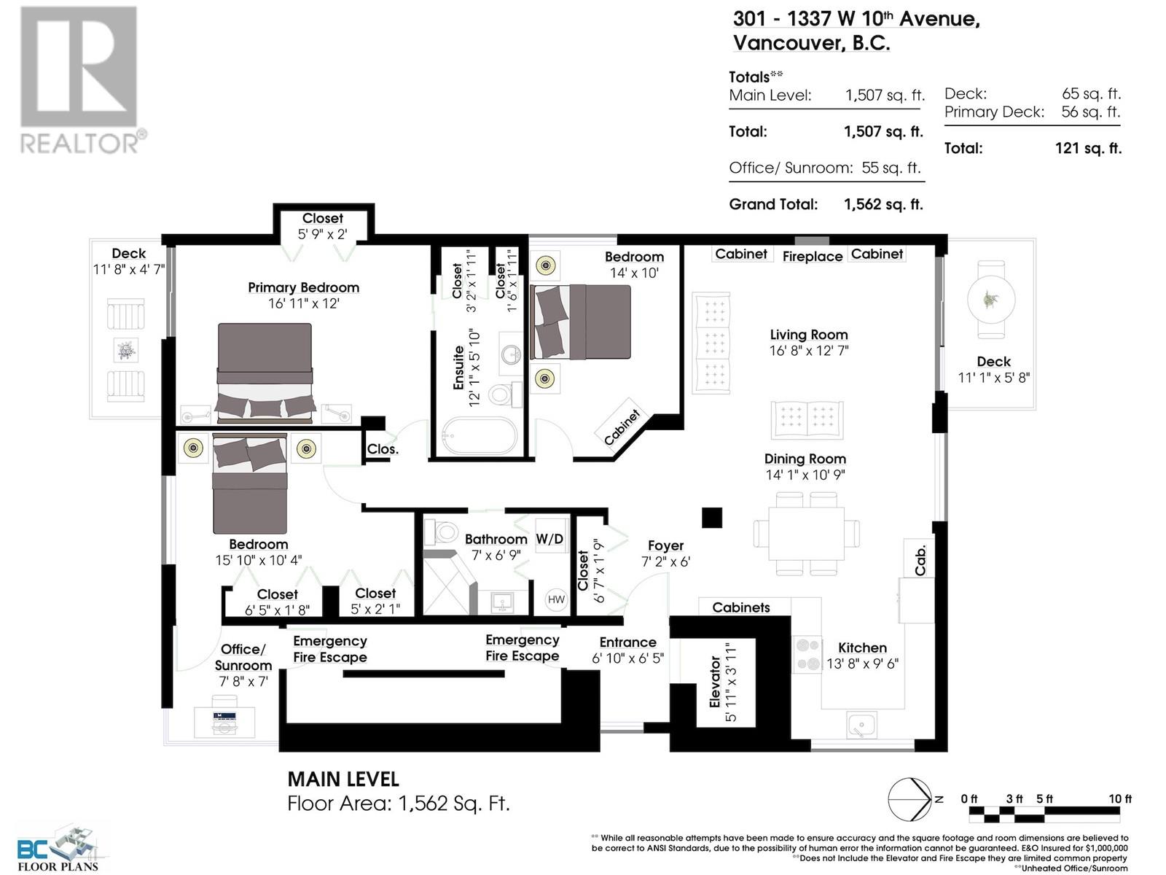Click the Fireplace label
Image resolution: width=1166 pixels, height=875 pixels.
(x=812, y=256)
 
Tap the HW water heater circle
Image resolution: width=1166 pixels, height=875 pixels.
(x=556, y=599)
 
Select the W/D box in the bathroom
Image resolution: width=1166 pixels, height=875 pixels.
(x=550, y=538)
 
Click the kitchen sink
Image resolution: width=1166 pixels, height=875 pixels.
(x=861, y=725)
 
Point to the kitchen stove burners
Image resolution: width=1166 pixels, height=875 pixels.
(x=807, y=654)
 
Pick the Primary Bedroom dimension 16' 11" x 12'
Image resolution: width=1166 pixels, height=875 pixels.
(x=303, y=303)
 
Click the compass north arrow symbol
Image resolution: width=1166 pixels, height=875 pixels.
(x=911, y=799)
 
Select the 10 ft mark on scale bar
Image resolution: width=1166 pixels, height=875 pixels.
(x=1120, y=799)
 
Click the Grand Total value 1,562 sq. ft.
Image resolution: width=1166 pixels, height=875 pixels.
(x=883, y=205)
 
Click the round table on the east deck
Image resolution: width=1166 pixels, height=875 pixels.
(x=990, y=299)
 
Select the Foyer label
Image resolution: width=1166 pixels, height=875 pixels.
(x=665, y=545)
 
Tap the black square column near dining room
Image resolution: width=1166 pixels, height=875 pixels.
(x=712, y=518)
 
